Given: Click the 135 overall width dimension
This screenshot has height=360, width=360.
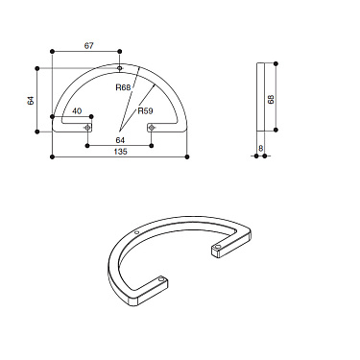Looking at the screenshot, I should coord(119,152).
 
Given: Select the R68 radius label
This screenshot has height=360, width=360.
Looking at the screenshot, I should coord(122,87).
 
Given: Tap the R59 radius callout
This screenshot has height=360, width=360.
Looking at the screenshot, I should coord(146,111).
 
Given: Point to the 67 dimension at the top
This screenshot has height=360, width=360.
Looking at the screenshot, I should coord(89,45).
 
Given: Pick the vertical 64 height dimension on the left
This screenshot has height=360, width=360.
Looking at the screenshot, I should coord(31,100).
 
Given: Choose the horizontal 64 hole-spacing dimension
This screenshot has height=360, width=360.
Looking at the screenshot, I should coord(120,140).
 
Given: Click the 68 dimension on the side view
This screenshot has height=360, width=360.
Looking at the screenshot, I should coord(272,99).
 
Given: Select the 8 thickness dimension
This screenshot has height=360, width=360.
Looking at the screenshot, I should coord(261,147).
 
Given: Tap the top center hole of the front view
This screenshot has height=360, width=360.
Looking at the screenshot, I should coord(119,68).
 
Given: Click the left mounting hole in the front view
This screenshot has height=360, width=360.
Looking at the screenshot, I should coord(87,127).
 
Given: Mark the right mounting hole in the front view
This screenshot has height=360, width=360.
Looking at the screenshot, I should coord(152,127).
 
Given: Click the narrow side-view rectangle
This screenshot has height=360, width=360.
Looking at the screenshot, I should coord(261,98).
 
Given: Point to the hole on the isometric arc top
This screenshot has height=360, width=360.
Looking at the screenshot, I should coord(138,232).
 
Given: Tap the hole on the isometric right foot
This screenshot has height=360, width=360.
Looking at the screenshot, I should coord(219,247).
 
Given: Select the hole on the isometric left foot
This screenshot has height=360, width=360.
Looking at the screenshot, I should coord(163,281).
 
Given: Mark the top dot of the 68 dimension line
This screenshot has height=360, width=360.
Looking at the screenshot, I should coord(277,63).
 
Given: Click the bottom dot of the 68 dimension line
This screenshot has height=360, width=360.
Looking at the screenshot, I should coord(277,133).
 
